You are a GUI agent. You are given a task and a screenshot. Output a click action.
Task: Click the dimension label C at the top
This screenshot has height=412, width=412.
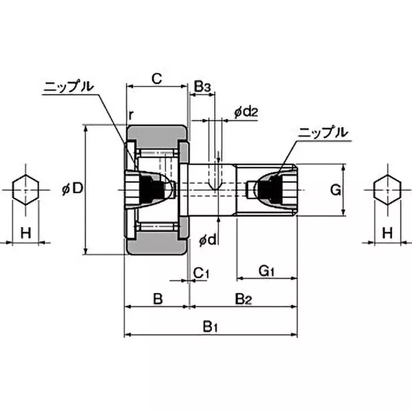pyautogui.click(x=157, y=79)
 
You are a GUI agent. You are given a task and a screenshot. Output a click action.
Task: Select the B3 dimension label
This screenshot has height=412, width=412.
pyautogui.click(x=202, y=87)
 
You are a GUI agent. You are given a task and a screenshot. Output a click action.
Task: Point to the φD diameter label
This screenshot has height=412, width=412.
pyautogui.click(x=72, y=189)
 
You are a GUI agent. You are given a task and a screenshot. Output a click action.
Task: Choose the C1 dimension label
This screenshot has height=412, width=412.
pyautogui.click(x=201, y=272)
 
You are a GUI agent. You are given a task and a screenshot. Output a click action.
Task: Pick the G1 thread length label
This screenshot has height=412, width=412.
pyautogui.click(x=267, y=270)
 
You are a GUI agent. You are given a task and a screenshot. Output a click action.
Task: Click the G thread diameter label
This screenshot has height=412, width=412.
pyautogui.click(x=335, y=191)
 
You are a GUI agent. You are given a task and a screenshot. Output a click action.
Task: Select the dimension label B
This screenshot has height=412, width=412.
pyautogui.click(x=158, y=299)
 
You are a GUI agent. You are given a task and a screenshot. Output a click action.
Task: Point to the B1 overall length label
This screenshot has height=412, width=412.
pyautogui.click(x=211, y=327)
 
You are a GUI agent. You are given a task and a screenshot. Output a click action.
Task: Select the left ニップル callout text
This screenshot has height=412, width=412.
pyautogui.click(x=68, y=87)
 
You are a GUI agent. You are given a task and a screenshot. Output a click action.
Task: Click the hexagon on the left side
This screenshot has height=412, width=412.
pyautogui.click(x=25, y=190)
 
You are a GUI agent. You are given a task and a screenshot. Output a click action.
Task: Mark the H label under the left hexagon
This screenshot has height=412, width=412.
pyautogui.click(x=25, y=233)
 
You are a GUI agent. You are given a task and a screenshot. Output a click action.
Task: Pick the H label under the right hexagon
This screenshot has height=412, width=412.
pyautogui.click(x=387, y=233)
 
